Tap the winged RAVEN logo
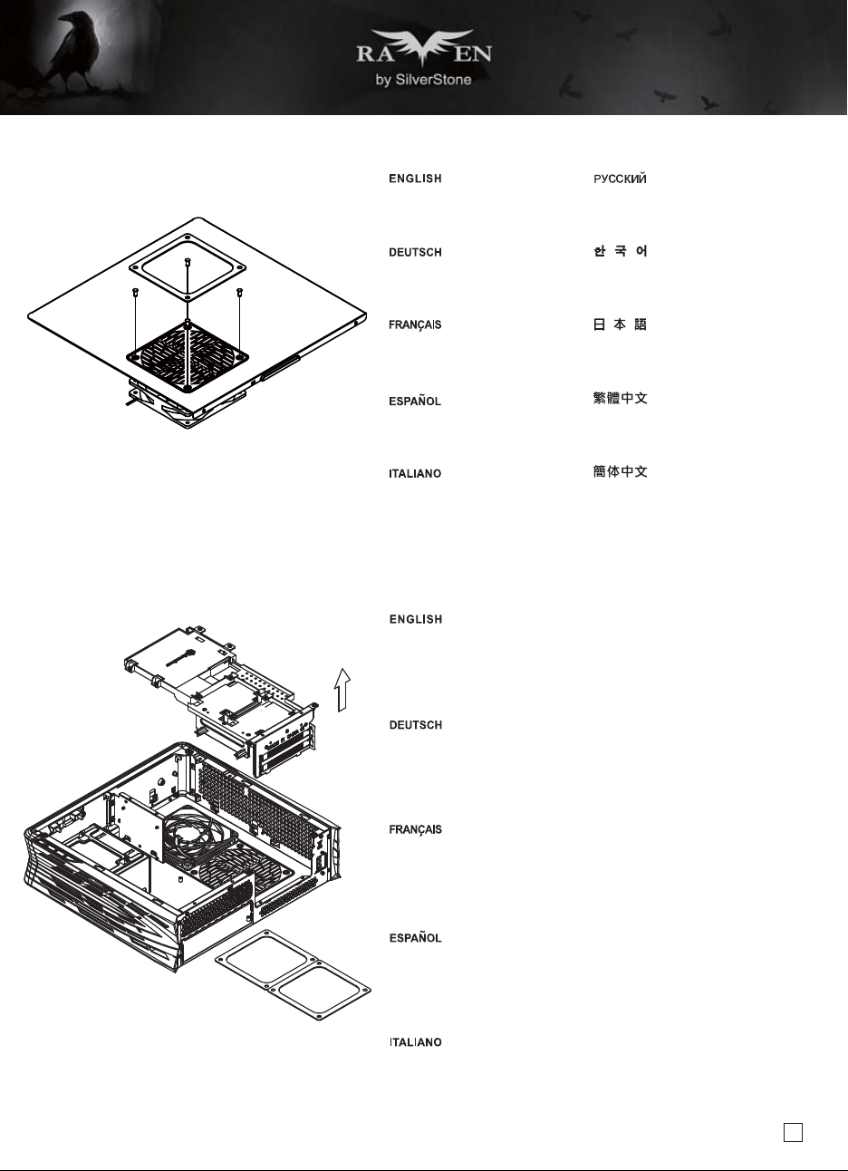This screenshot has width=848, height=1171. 424,50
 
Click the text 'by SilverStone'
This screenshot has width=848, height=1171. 423,80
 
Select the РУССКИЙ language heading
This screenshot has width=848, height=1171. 620,179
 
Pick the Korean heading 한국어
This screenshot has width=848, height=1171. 621,251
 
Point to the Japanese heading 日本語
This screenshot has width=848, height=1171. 621,324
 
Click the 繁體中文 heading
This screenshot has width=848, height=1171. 621,399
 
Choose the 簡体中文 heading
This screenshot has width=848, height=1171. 621,471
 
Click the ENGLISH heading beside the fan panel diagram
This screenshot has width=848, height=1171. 415,179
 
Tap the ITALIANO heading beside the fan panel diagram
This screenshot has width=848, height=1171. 415,474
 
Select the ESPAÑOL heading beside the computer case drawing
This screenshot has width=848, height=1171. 415,938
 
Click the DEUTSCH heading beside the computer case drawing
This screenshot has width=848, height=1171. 416,725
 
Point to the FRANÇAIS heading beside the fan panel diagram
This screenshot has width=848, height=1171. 415,325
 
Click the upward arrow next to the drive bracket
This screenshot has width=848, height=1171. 342,690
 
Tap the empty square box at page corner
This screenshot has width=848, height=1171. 793,1132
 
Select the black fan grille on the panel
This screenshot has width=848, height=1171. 187,357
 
